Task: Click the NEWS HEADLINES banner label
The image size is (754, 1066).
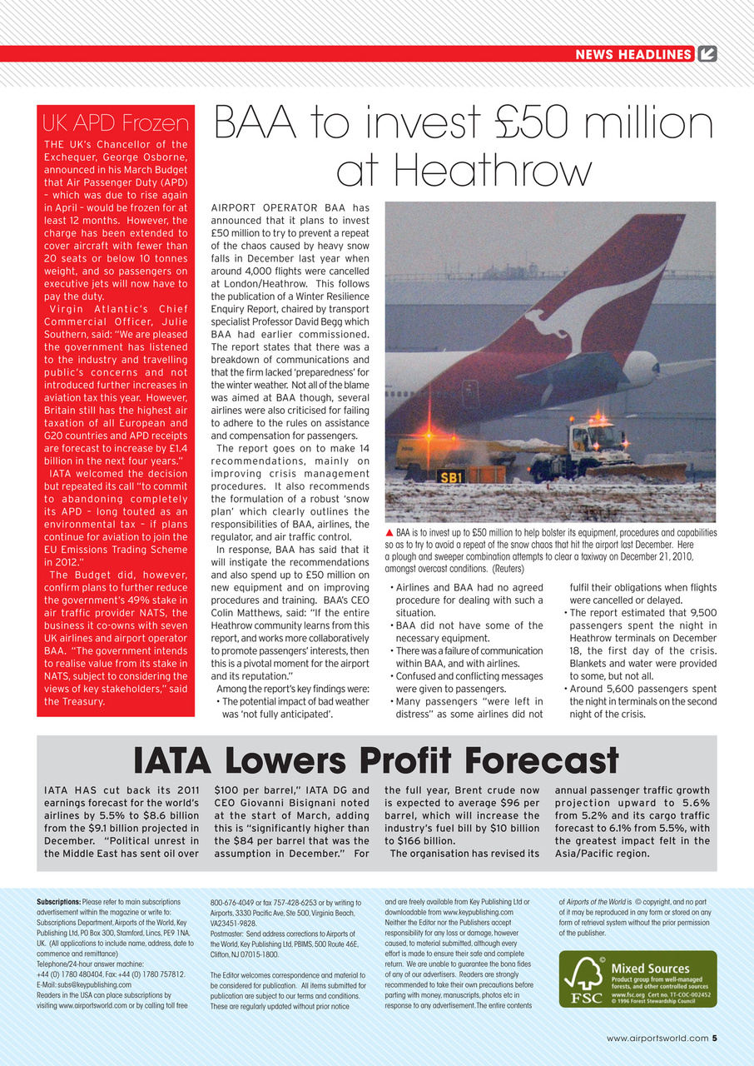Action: (633, 55)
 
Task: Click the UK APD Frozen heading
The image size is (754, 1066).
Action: (116, 124)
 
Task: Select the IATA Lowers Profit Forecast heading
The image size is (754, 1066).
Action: (376, 761)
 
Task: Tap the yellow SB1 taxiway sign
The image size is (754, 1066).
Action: (450, 477)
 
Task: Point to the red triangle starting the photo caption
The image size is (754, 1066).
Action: (389, 532)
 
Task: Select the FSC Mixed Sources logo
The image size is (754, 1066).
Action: (637, 979)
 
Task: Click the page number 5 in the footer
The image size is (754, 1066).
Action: (714, 1038)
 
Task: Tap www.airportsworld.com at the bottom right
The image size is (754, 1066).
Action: (657, 1038)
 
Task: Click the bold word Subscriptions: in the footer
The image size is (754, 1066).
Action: (58, 902)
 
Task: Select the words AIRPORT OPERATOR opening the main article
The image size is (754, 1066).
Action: (264, 207)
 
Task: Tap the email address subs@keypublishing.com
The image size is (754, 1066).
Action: (94, 984)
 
